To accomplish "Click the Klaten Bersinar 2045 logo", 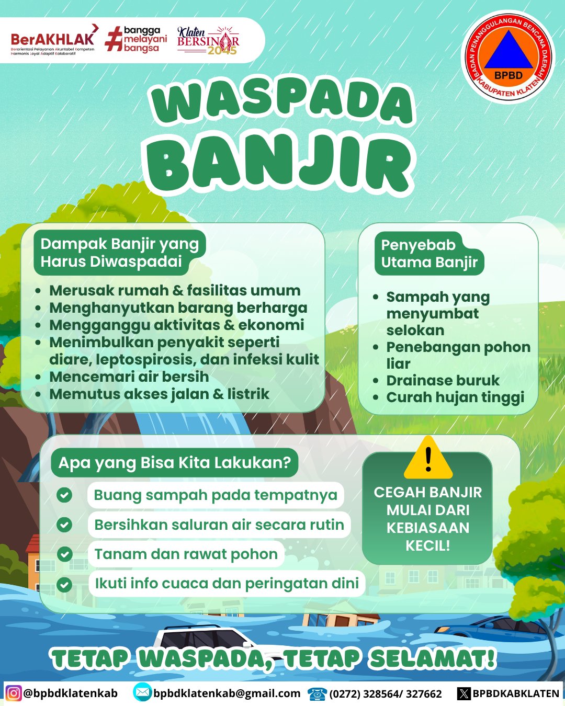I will (x=208, y=41).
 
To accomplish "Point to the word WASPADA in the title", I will (x=282, y=101).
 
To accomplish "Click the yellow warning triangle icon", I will (x=428, y=458).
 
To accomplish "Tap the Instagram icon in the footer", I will (x=14, y=693).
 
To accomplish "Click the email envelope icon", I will (x=142, y=693).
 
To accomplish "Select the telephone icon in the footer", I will (x=317, y=693).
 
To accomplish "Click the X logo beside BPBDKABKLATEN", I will (x=464, y=693).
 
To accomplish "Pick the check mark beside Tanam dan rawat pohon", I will (x=64, y=554).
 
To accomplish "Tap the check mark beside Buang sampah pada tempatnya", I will (x=64, y=495).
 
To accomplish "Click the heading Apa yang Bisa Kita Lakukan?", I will (x=174, y=463).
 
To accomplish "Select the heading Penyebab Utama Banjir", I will (x=429, y=254).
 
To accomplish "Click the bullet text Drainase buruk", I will (x=443, y=380).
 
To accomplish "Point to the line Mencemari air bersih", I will (x=129, y=377).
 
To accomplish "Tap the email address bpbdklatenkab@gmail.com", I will (x=227, y=693).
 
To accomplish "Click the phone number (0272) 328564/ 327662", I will (x=386, y=694).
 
